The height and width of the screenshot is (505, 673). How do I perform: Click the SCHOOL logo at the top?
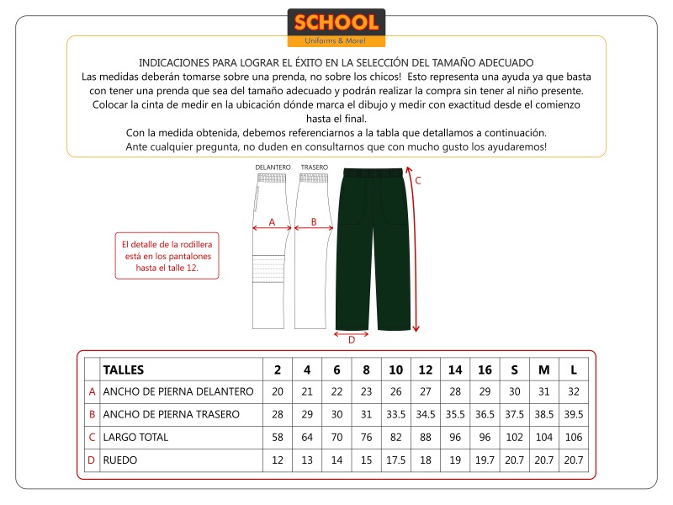point(336,28)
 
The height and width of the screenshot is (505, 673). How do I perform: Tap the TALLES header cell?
point(123,369)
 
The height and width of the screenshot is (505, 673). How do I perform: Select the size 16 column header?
point(485,369)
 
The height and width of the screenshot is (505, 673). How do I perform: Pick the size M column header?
point(543,369)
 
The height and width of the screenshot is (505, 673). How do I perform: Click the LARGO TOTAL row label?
point(135,437)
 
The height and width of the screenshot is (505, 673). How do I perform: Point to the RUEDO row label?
point(119,460)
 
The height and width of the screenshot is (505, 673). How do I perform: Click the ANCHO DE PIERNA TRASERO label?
point(171,414)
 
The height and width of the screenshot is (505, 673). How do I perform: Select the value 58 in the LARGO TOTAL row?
point(278,437)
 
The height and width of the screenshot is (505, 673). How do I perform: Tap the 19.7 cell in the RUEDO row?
point(485,460)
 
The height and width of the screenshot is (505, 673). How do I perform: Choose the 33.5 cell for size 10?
point(396,414)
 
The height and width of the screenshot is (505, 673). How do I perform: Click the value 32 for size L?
point(573,391)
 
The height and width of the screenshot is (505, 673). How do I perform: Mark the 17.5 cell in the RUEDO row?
point(396,460)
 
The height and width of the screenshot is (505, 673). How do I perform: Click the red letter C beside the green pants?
point(417,180)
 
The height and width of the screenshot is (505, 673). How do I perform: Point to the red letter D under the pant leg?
point(352,340)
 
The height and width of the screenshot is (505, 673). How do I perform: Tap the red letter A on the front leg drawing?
point(271,222)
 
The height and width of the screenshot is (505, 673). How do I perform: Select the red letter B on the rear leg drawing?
point(313,222)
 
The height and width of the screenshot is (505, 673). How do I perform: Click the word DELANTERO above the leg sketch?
point(273,167)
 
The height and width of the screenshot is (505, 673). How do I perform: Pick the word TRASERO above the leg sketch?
point(314,167)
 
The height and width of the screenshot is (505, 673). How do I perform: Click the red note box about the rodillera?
point(167,256)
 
